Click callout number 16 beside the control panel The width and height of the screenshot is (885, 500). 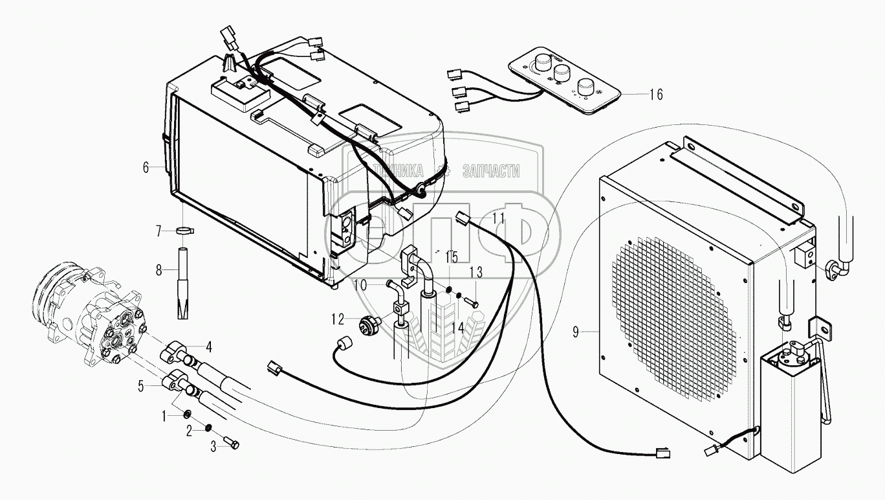tap(655, 95)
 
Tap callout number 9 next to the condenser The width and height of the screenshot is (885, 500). tap(574, 333)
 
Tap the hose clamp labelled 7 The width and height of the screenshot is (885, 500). tap(184, 231)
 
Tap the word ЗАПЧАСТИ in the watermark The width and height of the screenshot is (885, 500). tap(492, 171)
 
